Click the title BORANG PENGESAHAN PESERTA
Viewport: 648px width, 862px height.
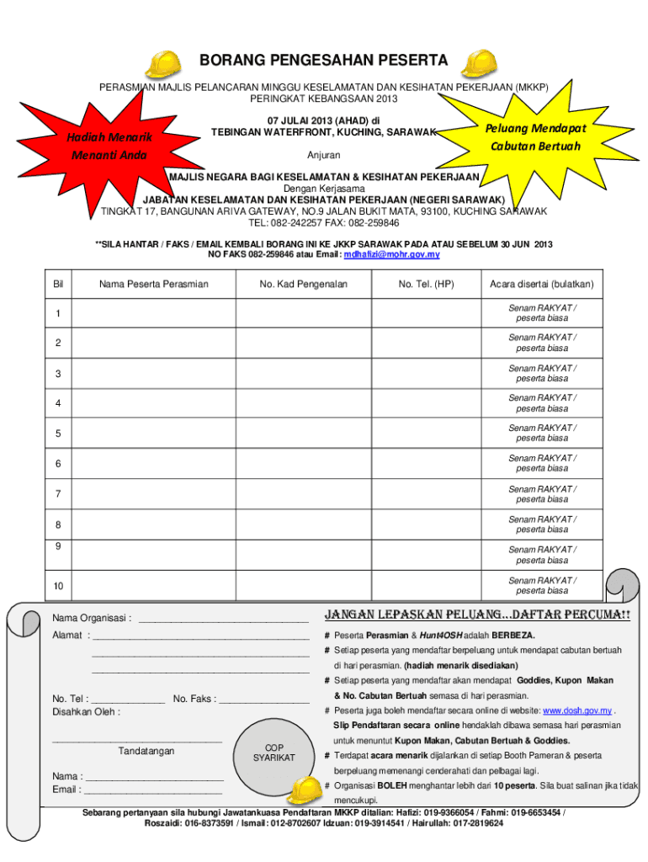coord(323,61)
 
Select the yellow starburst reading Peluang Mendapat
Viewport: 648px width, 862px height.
coord(534,137)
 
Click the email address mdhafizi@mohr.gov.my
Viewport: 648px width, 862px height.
coord(391,254)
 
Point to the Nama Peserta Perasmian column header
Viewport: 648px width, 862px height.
coord(154,285)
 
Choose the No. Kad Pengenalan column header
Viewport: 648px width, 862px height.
coord(304,285)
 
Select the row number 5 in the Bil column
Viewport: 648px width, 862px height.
coord(58,434)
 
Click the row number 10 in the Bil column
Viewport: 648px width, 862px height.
coord(58,586)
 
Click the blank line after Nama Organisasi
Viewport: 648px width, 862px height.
coord(222,619)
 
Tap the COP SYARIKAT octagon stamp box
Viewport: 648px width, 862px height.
coord(274,753)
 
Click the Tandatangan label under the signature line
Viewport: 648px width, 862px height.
coord(146,750)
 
